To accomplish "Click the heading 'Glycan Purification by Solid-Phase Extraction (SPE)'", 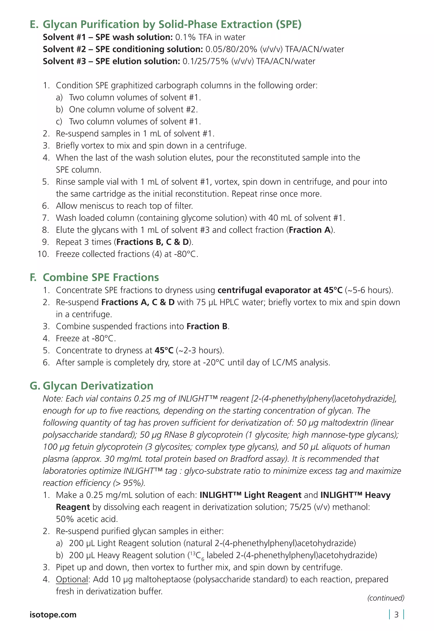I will [172, 24].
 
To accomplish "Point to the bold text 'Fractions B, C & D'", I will [153, 242].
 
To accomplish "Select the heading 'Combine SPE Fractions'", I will [101, 277].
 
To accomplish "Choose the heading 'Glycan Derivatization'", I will [98, 386].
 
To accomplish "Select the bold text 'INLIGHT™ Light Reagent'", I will [250, 495].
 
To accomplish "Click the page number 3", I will [396, 615].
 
